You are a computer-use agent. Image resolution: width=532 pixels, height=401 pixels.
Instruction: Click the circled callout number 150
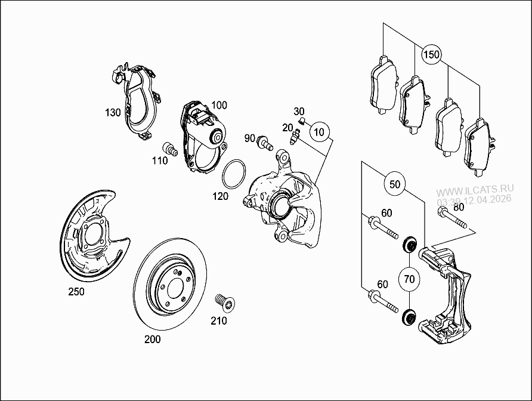(431, 55)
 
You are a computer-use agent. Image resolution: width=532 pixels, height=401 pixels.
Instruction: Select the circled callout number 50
(394, 184)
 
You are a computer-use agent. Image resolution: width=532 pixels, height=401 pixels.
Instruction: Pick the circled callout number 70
(409, 279)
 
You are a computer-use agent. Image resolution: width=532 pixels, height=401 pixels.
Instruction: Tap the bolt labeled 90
(264, 143)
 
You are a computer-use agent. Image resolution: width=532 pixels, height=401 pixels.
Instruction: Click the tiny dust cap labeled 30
(301, 122)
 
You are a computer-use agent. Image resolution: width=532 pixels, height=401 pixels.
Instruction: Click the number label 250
(76, 292)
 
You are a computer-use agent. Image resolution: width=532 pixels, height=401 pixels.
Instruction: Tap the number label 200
(153, 340)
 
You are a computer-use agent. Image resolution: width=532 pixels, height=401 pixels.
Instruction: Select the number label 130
(113, 112)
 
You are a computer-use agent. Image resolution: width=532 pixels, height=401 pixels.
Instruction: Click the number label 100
(219, 105)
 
